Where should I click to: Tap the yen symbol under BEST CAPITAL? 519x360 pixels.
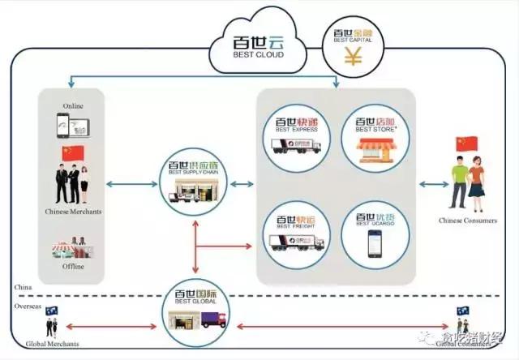tap(353, 57)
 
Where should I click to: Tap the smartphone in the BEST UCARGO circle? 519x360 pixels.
tap(375, 243)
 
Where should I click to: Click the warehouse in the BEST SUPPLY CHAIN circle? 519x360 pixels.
tap(194, 192)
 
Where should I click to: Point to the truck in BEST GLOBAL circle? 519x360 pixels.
tap(212, 319)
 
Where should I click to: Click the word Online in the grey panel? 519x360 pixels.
tap(72, 106)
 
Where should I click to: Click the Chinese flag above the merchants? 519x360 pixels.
tap(72, 153)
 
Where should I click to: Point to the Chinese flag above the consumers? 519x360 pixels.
tap(465, 145)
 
